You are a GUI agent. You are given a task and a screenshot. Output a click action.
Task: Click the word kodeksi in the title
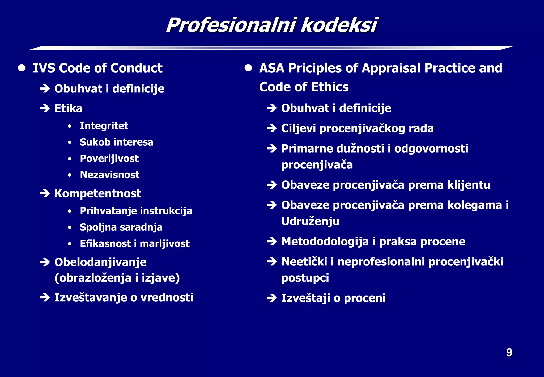pyautogui.click(x=339, y=25)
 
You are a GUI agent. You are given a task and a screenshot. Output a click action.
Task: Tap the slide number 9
pyautogui.click(x=509, y=353)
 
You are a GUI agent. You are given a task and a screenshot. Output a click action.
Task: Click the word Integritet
pyautogui.click(x=104, y=126)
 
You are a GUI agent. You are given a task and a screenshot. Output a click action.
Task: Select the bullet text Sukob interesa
pyautogui.click(x=116, y=142)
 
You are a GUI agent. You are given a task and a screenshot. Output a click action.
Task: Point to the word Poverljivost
pyautogui.click(x=109, y=159)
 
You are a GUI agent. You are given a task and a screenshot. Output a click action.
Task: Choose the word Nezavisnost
pyautogui.click(x=109, y=175)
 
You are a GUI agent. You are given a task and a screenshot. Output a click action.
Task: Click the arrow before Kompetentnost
pyautogui.click(x=45, y=193)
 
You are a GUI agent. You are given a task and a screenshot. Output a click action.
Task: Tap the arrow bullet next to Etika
pyautogui.click(x=45, y=108)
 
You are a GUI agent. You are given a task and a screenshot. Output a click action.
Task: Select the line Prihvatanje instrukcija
pyautogui.click(x=136, y=211)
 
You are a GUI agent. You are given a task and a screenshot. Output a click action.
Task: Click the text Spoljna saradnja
pyautogui.click(x=121, y=227)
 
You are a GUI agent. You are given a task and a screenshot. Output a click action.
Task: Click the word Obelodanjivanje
pyautogui.click(x=100, y=262)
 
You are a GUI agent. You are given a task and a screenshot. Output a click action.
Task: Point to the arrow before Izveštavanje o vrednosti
pyautogui.click(x=45, y=298)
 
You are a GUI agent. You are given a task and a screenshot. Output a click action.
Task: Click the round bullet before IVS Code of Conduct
pyautogui.click(x=22, y=68)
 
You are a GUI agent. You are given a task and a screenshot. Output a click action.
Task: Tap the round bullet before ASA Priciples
pyautogui.click(x=248, y=68)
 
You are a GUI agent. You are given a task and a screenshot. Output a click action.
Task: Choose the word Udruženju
pyautogui.click(x=310, y=221)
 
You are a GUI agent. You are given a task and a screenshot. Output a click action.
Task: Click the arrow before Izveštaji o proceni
pyautogui.click(x=272, y=298)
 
